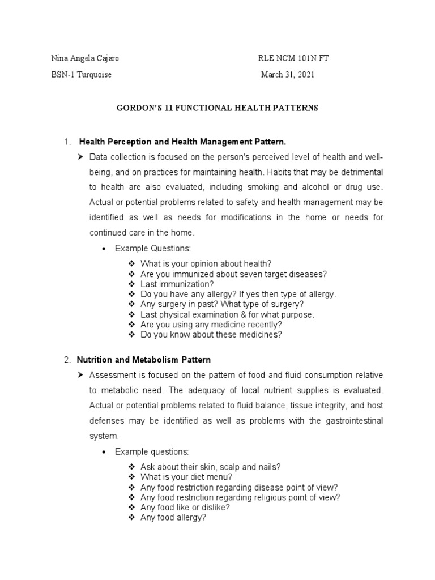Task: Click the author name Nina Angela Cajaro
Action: (x=85, y=59)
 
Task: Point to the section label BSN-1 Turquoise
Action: (x=81, y=75)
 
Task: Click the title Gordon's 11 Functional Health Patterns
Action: (x=217, y=108)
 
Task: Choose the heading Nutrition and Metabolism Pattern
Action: (x=144, y=360)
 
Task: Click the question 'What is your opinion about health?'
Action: (x=206, y=263)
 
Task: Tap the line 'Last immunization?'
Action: (x=177, y=284)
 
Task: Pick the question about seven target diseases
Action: (x=233, y=274)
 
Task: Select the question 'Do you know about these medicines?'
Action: (x=211, y=335)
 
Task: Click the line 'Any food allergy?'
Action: (x=173, y=517)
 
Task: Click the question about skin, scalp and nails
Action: (x=210, y=466)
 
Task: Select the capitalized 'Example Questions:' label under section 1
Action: (x=153, y=248)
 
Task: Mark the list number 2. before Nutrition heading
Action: (x=67, y=360)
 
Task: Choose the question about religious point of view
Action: (x=240, y=497)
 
